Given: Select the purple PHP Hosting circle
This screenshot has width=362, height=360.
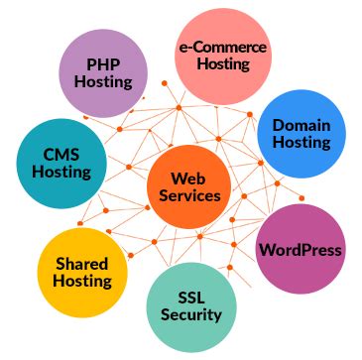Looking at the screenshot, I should click(102, 73).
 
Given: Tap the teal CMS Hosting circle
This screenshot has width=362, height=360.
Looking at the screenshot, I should click(61, 163).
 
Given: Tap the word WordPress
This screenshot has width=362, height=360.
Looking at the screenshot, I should click(301, 250).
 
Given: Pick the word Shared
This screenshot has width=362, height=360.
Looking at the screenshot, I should click(81, 264).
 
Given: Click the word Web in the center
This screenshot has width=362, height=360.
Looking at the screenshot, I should click(188, 179).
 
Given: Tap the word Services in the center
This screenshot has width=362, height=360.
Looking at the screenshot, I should click(188, 197).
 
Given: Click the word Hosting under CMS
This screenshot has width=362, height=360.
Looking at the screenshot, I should click(61, 173).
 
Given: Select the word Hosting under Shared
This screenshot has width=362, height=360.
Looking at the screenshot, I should click(81, 283).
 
